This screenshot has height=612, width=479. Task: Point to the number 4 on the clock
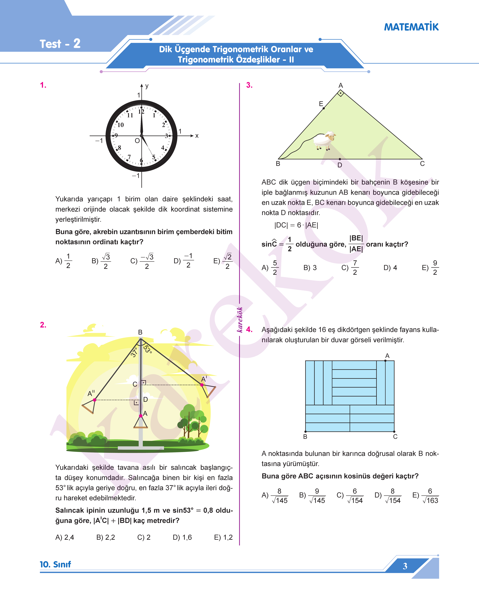163,147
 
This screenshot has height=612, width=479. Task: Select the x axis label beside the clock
197,136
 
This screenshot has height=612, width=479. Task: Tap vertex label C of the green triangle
422,164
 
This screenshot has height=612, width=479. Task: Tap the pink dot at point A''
95,400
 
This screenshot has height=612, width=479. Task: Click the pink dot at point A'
202,385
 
